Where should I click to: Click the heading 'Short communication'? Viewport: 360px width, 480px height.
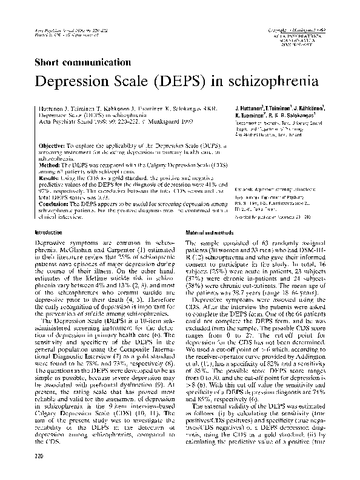pyautogui.click(x=82, y=62)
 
